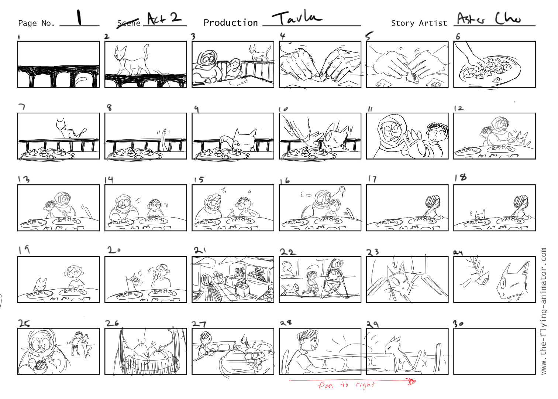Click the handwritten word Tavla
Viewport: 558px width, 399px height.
coord(296,18)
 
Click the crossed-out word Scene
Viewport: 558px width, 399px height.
coord(128,23)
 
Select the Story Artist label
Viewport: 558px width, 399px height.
coord(419,23)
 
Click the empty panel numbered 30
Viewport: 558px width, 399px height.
coord(494,351)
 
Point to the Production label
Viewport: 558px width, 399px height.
coord(231,23)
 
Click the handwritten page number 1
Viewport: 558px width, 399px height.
coord(79,17)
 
